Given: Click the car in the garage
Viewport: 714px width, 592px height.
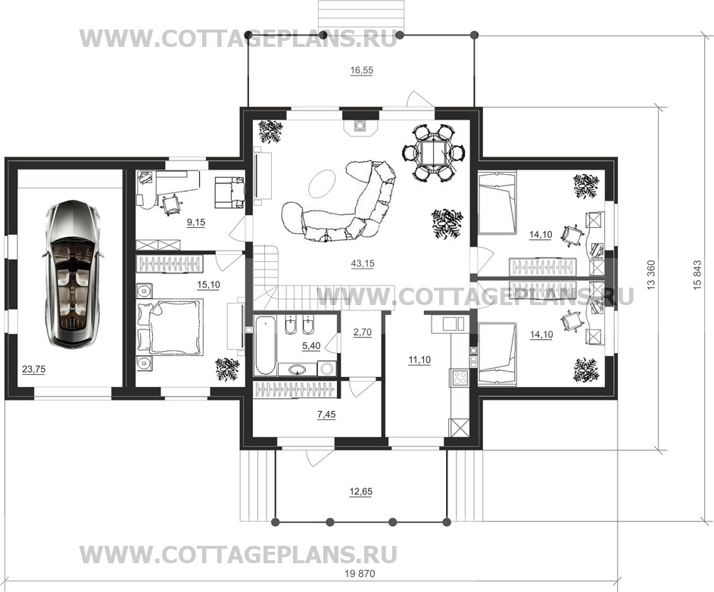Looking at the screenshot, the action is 73,274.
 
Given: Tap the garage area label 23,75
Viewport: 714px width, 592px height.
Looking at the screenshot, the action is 34,369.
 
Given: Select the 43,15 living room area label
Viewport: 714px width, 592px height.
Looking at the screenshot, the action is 363,263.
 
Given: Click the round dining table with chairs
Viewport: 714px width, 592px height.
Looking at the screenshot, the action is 433,153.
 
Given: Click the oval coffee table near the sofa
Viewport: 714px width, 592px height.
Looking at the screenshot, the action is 323,182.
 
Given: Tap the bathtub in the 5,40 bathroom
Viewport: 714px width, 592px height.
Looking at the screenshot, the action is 264,344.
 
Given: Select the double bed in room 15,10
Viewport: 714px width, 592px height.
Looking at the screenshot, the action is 170,326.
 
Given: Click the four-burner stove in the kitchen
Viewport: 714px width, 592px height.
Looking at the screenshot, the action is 460,377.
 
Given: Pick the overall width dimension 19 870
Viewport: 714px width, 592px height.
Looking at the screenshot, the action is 360,574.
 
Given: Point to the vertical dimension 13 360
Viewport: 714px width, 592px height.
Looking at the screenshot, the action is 651,275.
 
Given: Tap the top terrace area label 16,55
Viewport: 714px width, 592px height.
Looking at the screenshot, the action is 362,70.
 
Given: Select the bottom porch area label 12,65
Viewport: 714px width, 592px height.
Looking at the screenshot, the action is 360,492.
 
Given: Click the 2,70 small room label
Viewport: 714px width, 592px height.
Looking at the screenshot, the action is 363,332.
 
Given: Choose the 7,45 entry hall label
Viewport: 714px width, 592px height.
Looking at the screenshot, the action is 326,414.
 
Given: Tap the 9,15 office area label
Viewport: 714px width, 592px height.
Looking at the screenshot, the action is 196,223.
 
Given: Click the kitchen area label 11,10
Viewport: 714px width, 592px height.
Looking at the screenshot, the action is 419,360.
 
